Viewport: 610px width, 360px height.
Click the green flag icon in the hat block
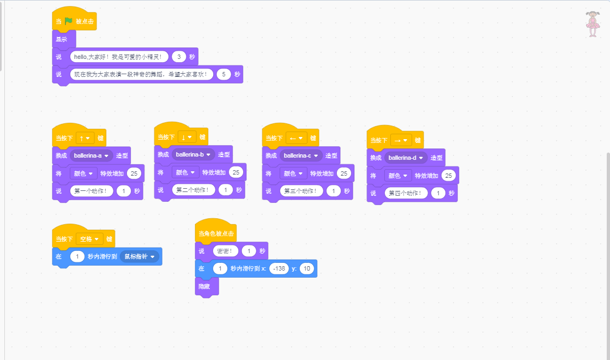(x=69, y=21)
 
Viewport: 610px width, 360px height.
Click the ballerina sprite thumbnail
(x=592, y=24)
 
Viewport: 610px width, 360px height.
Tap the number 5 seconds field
(x=224, y=74)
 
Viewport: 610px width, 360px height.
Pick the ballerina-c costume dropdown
(x=300, y=155)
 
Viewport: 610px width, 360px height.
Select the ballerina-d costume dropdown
(x=406, y=158)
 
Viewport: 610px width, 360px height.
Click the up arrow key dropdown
(x=85, y=138)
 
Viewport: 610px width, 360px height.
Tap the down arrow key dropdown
(x=187, y=137)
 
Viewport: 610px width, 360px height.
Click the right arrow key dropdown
(x=401, y=140)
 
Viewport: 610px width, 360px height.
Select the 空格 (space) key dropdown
(x=89, y=239)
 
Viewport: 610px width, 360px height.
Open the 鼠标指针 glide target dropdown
(x=139, y=256)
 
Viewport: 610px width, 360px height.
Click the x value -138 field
(x=277, y=268)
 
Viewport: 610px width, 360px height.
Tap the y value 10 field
(x=307, y=268)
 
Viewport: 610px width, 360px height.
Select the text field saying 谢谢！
(x=226, y=251)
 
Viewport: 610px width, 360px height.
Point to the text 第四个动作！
(x=406, y=193)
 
